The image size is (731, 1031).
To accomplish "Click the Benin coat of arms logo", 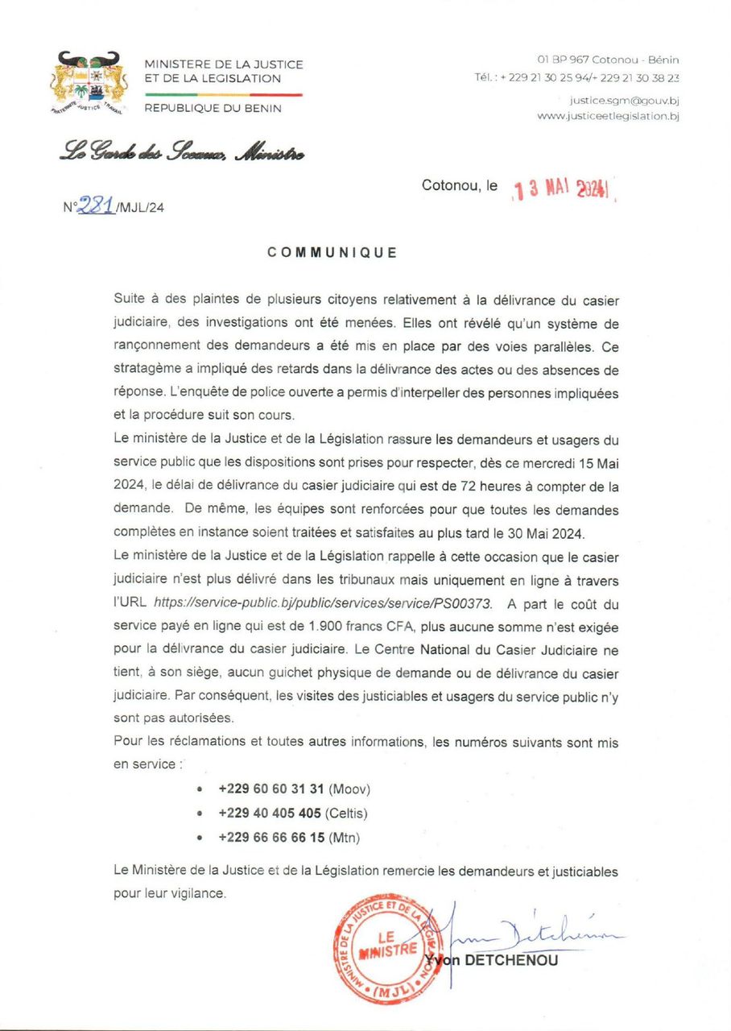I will click(x=89, y=84).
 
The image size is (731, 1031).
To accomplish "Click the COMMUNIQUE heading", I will click(x=332, y=252).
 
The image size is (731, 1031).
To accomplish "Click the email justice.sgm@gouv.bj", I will click(x=624, y=101).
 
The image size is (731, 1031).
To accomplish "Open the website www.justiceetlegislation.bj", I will click(x=608, y=116).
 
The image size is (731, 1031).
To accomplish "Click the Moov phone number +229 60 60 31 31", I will click(x=271, y=789).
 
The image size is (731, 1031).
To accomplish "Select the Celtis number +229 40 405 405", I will click(x=271, y=813).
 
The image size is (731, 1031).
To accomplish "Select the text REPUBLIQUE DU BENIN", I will click(x=213, y=109).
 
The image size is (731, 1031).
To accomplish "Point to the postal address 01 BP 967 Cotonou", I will click(x=608, y=60).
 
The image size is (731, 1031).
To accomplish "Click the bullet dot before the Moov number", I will click(x=199, y=789).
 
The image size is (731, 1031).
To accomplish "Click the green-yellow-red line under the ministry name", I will click(x=223, y=94).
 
